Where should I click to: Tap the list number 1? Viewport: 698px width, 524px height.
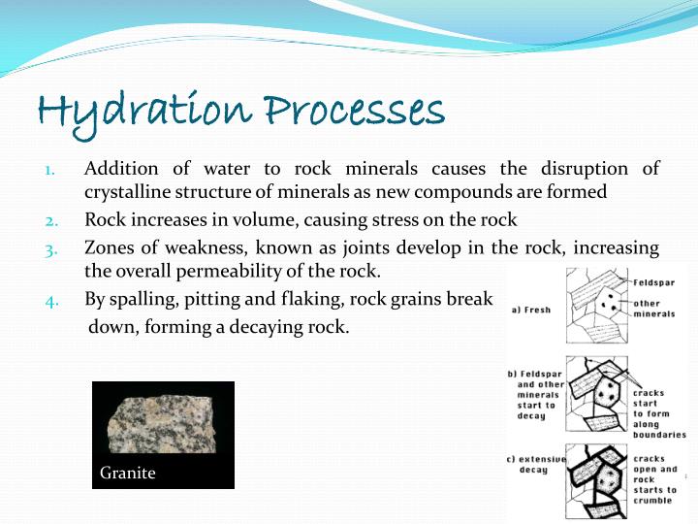tap(51, 171)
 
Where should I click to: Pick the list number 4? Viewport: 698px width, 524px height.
tap(52, 300)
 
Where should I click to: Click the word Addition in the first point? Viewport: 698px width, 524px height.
tap(119, 169)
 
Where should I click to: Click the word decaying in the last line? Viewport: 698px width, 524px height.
tap(256, 327)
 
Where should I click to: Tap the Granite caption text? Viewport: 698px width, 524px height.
tap(128, 474)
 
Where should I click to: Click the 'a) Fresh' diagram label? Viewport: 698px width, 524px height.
tap(530, 310)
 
